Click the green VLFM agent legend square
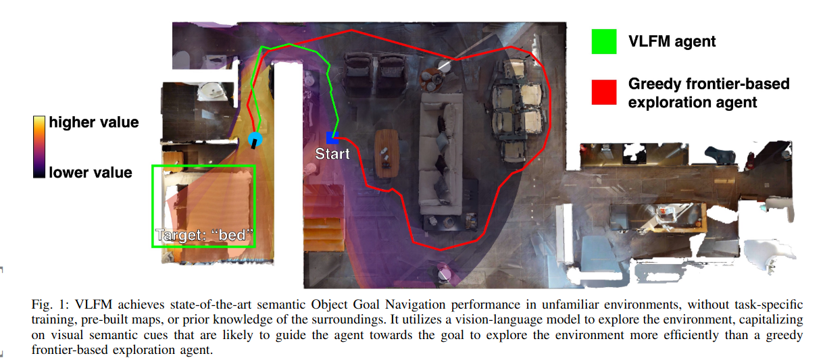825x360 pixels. pos(603,41)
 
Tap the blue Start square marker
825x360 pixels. pos(332,137)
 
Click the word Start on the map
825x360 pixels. pos(332,154)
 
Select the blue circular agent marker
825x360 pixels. pos(255,140)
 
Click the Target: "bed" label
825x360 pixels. pos(204,236)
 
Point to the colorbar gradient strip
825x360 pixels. pos(39,147)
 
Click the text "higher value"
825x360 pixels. pos(93,123)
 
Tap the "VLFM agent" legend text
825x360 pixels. pos(672,41)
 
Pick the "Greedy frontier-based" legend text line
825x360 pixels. pos(709,84)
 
